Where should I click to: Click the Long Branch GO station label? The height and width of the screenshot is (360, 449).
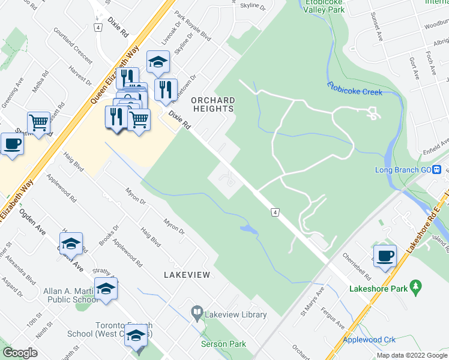coord(404,169)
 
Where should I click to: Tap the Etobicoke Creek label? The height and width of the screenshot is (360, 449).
coord(355,89)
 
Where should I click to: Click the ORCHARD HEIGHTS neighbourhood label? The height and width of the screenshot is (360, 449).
coord(212,104)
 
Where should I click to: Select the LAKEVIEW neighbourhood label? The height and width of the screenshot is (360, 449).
coord(187,274)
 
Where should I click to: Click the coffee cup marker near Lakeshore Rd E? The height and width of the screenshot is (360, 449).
coord(385,256)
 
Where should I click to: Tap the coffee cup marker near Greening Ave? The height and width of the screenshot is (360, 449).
coord(12,144)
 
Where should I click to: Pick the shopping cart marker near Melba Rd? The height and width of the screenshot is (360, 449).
coord(38,123)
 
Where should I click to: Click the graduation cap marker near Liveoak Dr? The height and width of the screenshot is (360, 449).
coord(158,62)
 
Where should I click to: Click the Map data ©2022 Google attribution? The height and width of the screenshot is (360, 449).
coord(412,355)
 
